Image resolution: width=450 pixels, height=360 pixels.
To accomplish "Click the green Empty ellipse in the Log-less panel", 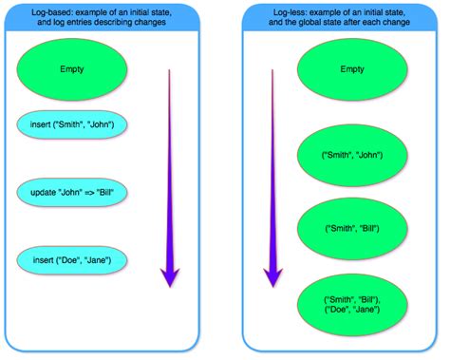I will tap(351, 69).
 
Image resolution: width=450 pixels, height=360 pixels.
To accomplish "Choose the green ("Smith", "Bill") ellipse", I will tap(352, 229).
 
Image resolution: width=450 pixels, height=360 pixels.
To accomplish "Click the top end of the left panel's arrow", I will tap(169, 70).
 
